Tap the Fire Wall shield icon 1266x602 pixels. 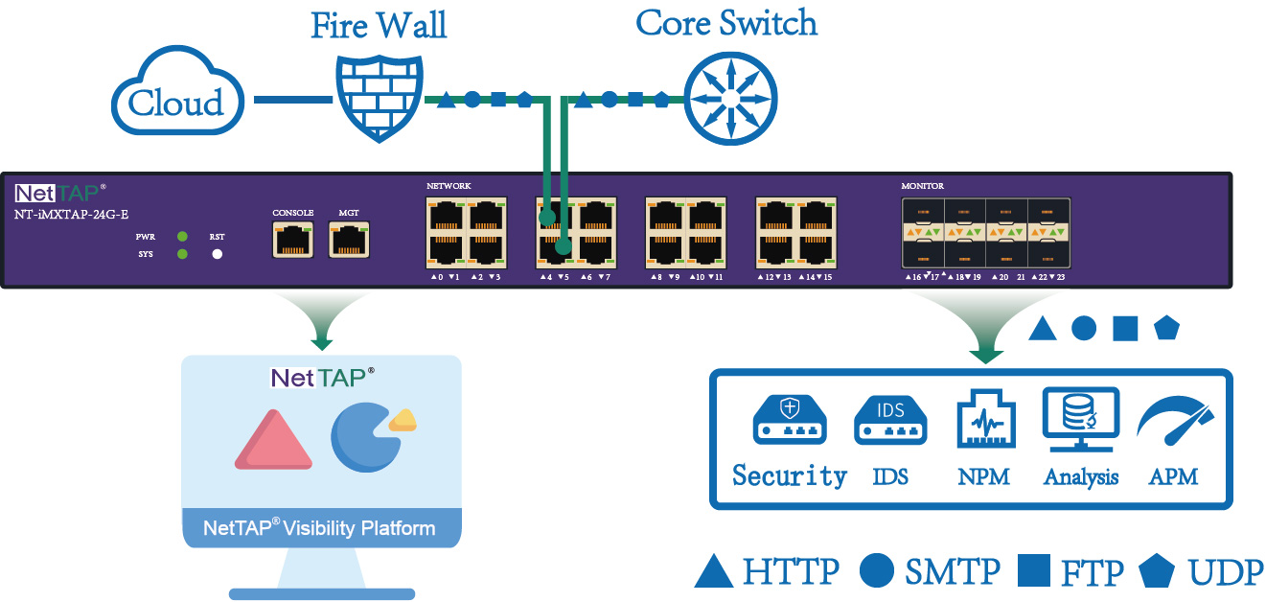[379, 98]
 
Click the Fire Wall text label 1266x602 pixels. [379, 25]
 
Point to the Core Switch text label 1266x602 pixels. [726, 23]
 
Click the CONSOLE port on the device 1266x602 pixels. [292, 239]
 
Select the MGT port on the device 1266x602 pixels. [349, 239]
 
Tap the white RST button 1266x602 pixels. [218, 254]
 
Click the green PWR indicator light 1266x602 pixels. [182, 236]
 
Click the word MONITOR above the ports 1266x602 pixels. [922, 185]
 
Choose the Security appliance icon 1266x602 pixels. [790, 421]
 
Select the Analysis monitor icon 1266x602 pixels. [1080, 419]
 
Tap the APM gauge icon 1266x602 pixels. [1175, 423]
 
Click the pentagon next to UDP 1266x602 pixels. [1157, 572]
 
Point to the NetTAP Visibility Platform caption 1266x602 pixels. [319, 528]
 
